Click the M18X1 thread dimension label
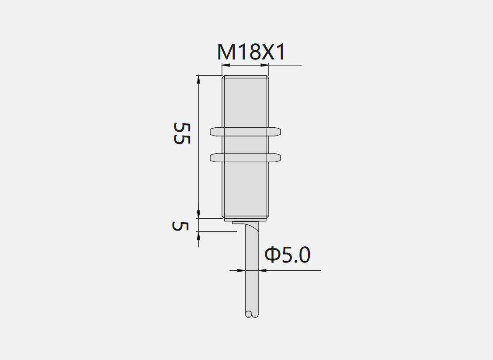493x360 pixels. [251, 52]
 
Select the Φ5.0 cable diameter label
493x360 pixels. [288, 255]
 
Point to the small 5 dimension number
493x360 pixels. [180, 226]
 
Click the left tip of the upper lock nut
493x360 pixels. [210, 132]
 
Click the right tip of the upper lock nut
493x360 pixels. [281, 132]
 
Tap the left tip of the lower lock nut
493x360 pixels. [210, 157]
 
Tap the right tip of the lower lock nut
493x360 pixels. [281, 157]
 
